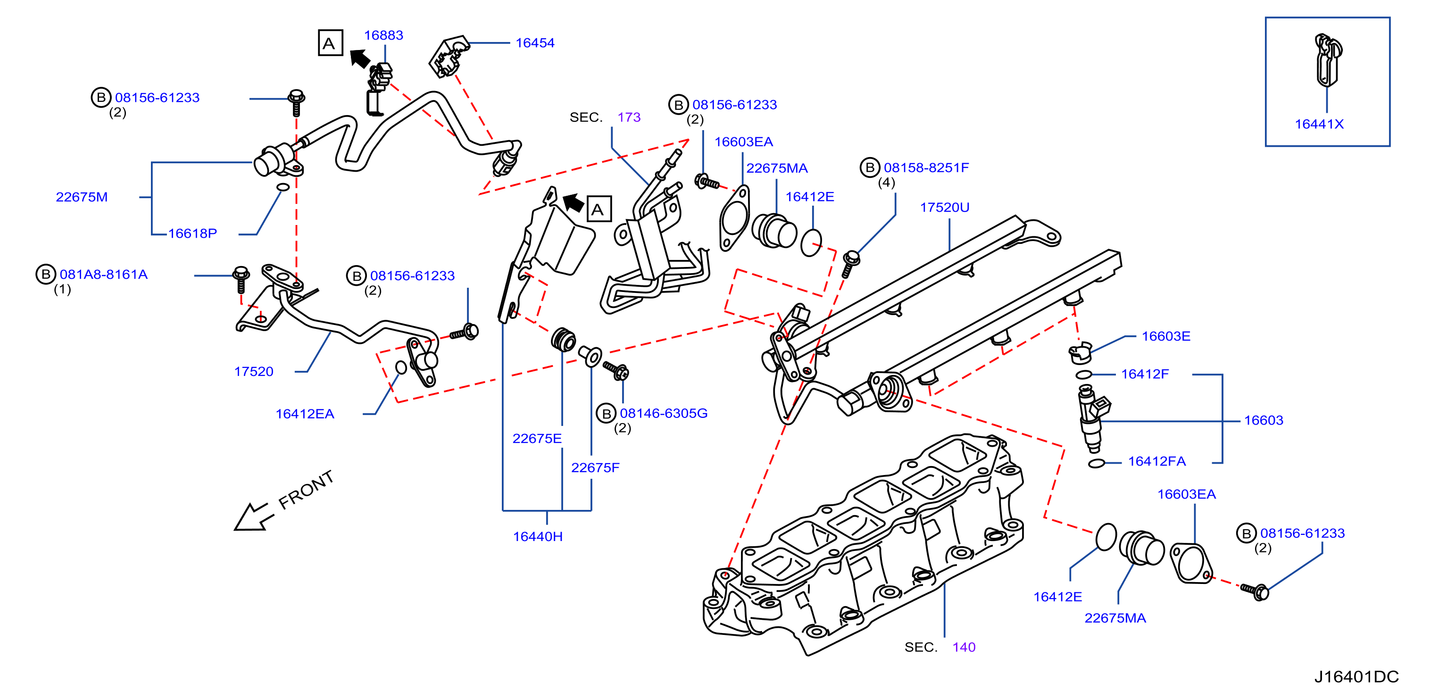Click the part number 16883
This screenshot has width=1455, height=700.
pyautogui.click(x=383, y=35)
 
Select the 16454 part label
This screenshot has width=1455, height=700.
pyautogui.click(x=535, y=43)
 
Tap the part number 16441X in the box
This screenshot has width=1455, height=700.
pyautogui.click(x=1319, y=125)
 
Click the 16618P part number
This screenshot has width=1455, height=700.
pyautogui.click(x=192, y=233)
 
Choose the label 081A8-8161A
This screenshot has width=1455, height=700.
pyautogui.click(x=103, y=275)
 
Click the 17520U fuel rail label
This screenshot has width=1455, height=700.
pyautogui.click(x=944, y=208)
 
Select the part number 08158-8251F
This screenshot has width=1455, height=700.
pyautogui.click(x=926, y=168)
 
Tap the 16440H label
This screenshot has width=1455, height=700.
pyautogui.click(x=538, y=537)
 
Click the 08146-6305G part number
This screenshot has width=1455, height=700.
pyautogui.click(x=664, y=414)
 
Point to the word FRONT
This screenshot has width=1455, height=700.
pyautogui.click(x=306, y=490)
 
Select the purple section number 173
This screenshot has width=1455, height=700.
pyautogui.click(x=629, y=117)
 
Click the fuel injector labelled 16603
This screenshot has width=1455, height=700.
pyautogui.click(x=1092, y=418)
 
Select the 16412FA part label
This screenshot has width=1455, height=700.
pyautogui.click(x=1157, y=462)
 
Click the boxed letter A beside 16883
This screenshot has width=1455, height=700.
pyautogui.click(x=330, y=43)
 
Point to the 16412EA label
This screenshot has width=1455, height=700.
pyautogui.click(x=305, y=414)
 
